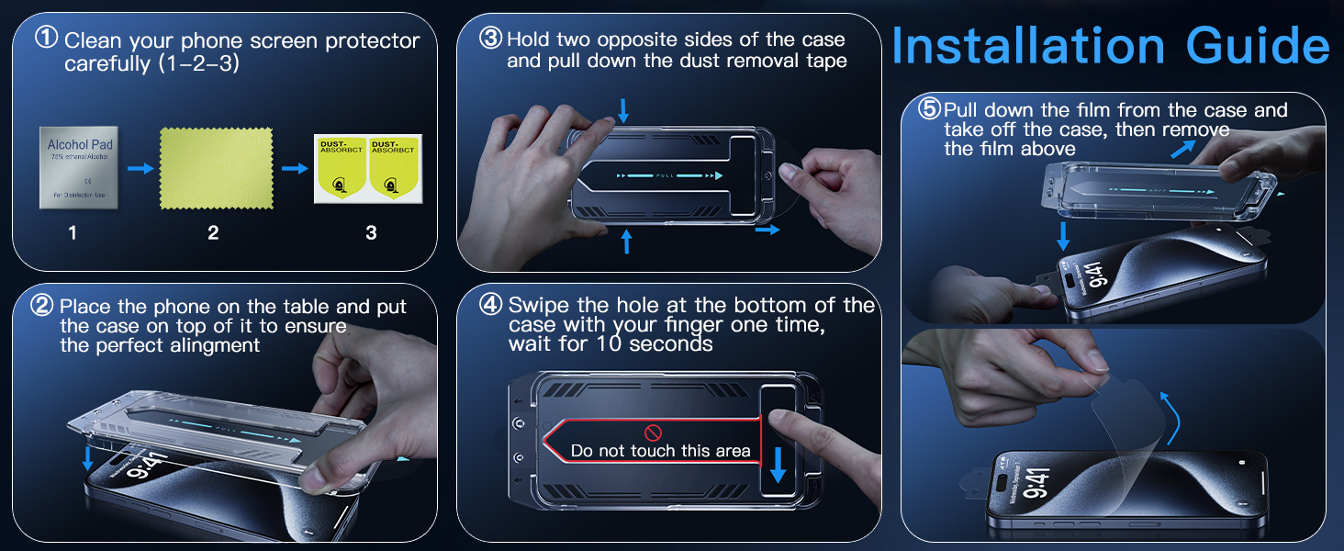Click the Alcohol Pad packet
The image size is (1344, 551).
pyautogui.click(x=80, y=167)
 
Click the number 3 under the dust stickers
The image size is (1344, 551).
pyautogui.click(x=371, y=233)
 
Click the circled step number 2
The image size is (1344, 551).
pyautogui.click(x=43, y=306)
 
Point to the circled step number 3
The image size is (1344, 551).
pyautogui.click(x=491, y=39)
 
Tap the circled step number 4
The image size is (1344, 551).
pyautogui.click(x=491, y=305)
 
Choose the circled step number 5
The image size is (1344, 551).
pyautogui.click(x=929, y=109)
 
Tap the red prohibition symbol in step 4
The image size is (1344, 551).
pyautogui.click(x=654, y=432)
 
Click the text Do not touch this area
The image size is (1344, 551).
pyautogui.click(x=660, y=451)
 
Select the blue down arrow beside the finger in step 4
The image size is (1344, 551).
pyautogui.click(x=778, y=465)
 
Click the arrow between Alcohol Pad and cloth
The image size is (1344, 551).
pyautogui.click(x=140, y=168)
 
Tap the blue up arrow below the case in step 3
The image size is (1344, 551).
pyautogui.click(x=627, y=241)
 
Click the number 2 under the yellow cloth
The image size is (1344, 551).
pyautogui.click(x=213, y=233)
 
